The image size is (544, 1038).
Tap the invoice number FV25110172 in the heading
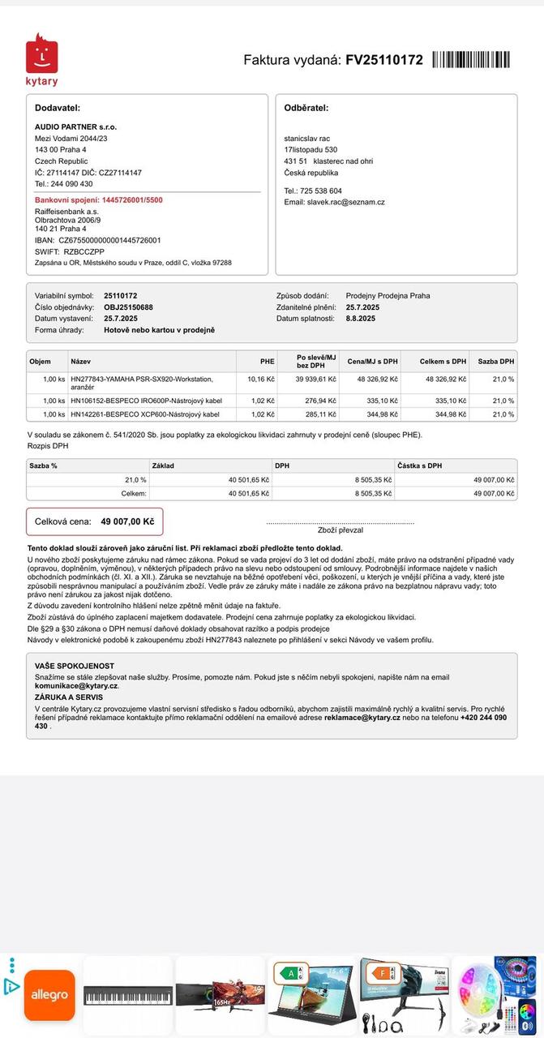point(383,60)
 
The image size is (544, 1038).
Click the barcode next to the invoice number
point(472,60)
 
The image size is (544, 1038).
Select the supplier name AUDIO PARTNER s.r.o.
point(75,127)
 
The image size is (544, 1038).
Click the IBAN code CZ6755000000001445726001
point(109,240)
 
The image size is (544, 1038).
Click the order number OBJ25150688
point(128,307)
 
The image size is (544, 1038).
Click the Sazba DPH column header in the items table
point(495,361)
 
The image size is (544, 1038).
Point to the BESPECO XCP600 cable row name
point(145,414)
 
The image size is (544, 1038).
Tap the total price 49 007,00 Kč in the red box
point(127,521)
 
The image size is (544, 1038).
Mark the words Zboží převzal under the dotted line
point(341,530)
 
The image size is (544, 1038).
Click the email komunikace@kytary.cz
point(76,686)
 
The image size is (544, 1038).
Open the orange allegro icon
point(49,995)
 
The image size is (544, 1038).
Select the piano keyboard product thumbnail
point(128,995)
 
